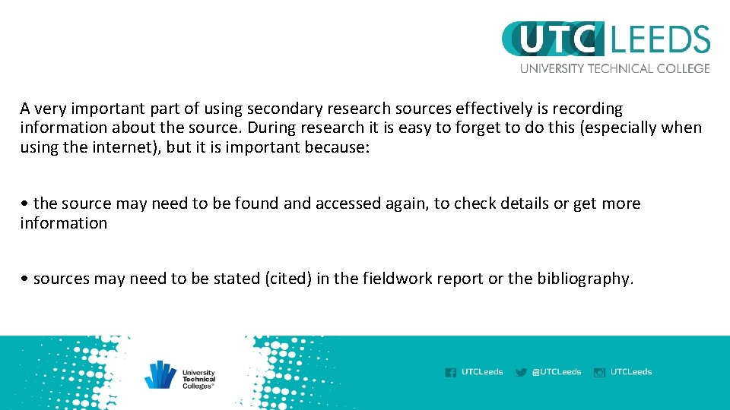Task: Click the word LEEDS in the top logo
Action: point(660,39)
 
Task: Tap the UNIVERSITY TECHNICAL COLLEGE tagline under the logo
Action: point(614,68)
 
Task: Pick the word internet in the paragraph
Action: point(129,147)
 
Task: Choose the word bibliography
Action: point(584,279)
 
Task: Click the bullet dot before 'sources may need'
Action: point(25,279)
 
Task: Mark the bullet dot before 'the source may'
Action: point(25,204)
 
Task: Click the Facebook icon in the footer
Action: point(451,372)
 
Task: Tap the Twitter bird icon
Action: point(521,372)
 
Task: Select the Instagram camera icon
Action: point(599,372)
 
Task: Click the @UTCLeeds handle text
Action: point(557,372)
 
